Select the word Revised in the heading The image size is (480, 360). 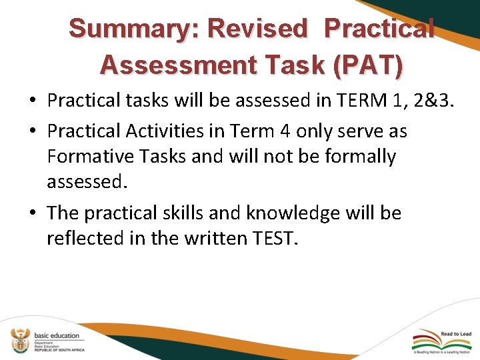pyautogui.click(x=258, y=29)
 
